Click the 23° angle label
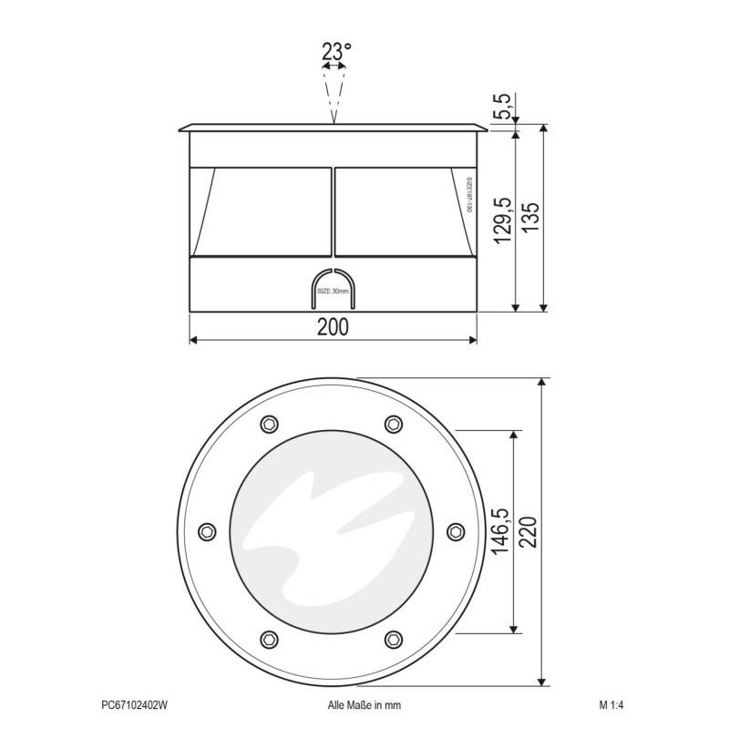[334, 52]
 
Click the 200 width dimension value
[334, 327]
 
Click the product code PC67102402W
[135, 704]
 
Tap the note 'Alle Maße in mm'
[364, 704]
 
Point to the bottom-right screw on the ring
[394, 638]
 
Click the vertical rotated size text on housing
[468, 195]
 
